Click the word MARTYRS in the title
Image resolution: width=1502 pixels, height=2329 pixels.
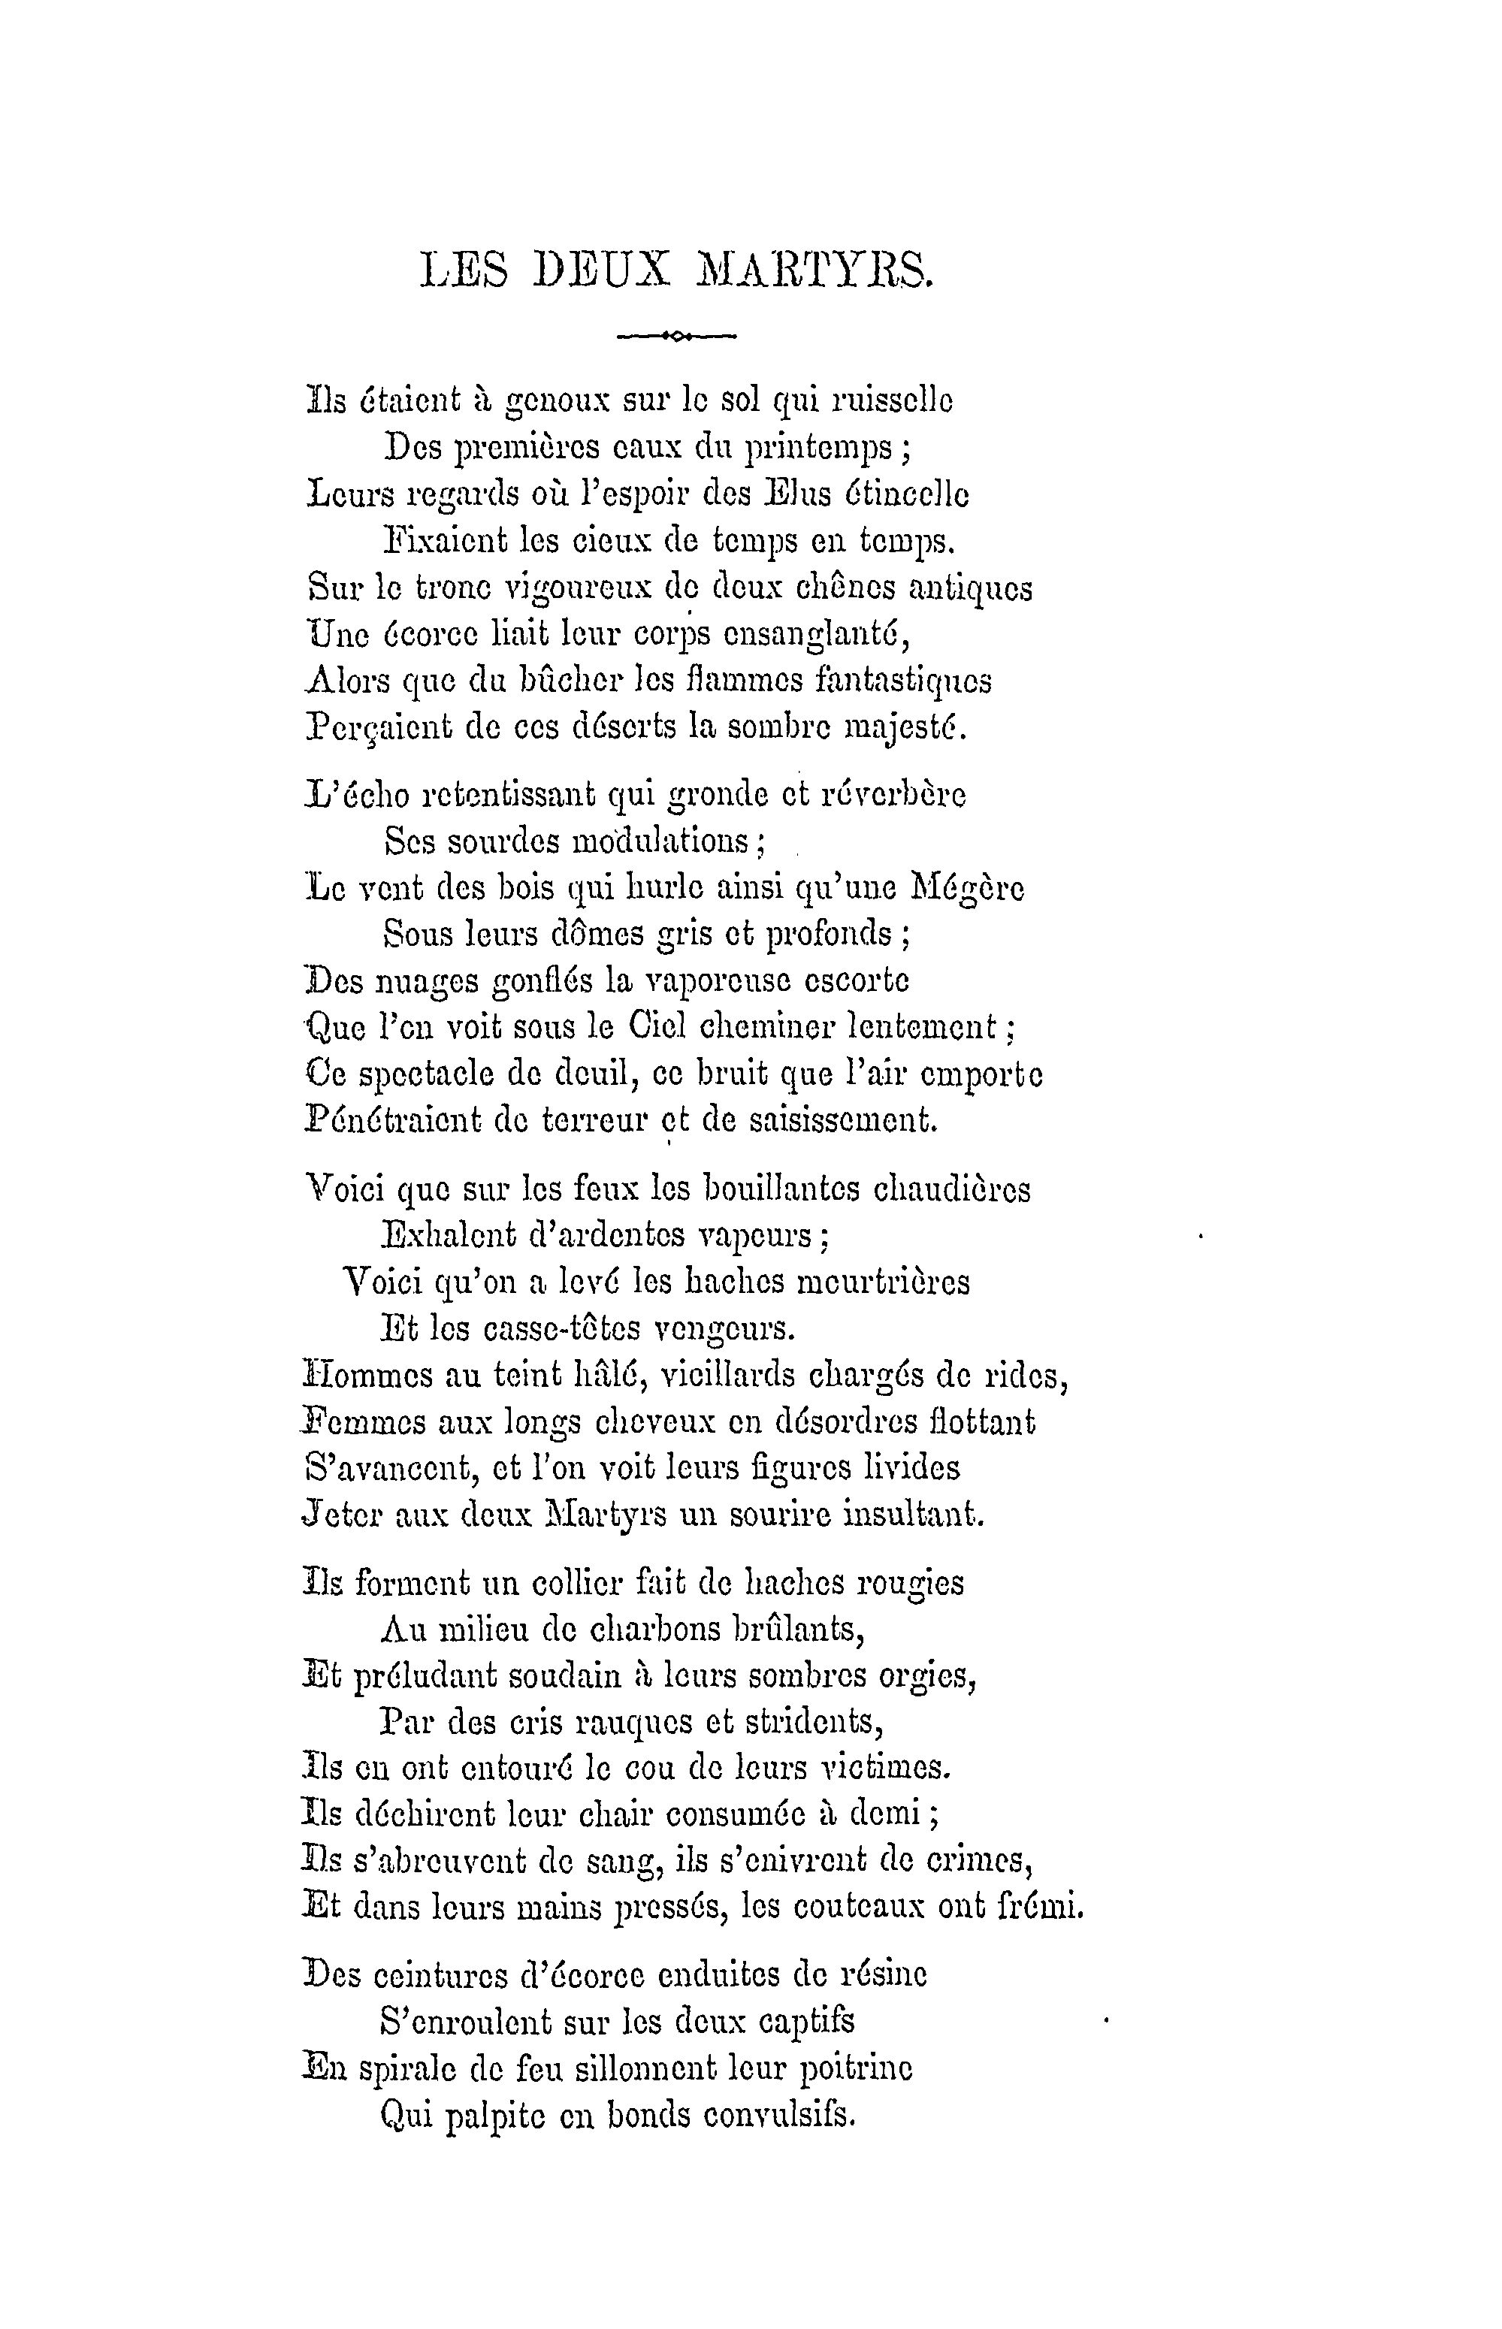point(814,271)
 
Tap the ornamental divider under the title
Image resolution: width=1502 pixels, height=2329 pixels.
point(677,337)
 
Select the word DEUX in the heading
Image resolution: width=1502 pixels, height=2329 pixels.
point(603,271)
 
